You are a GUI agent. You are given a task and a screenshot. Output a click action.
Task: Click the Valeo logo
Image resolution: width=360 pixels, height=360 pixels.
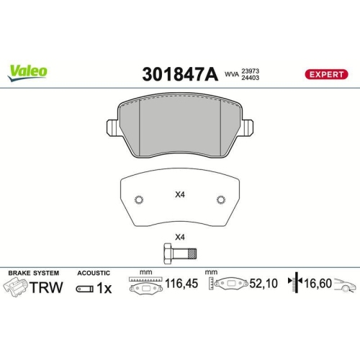click(x=28, y=71)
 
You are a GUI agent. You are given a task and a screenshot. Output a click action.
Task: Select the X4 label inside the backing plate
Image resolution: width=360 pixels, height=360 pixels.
click(x=179, y=194)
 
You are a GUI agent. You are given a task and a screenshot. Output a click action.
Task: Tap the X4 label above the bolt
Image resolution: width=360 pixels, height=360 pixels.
click(x=179, y=238)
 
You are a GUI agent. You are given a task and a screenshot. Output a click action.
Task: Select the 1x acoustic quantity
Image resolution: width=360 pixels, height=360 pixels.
click(x=103, y=288)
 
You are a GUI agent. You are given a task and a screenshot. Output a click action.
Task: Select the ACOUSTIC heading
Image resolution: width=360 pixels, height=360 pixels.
click(x=93, y=273)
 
